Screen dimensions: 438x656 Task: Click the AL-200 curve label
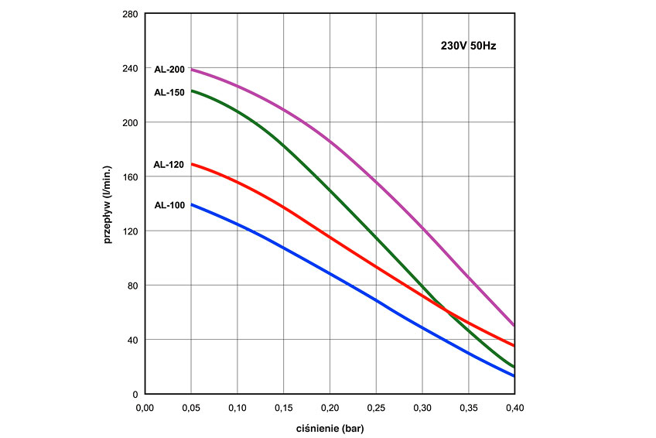169,70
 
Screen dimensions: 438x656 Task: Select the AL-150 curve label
169,91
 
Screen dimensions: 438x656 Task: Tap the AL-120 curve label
169,164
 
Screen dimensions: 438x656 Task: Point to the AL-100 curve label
169,205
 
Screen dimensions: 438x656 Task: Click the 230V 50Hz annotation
463,46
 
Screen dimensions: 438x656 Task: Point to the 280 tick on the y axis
130,14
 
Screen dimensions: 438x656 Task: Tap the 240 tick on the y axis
130,68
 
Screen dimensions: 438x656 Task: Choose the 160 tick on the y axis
130,177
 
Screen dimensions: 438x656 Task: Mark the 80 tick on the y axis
132,286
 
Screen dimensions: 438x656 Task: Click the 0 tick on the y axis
135,394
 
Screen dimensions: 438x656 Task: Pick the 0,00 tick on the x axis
145,405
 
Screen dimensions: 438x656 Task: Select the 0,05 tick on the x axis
190,405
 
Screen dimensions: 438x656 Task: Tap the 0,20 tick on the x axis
330,405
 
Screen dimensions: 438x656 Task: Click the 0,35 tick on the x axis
468,405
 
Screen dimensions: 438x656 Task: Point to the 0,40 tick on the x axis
514,405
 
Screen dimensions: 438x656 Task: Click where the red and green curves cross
447,310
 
